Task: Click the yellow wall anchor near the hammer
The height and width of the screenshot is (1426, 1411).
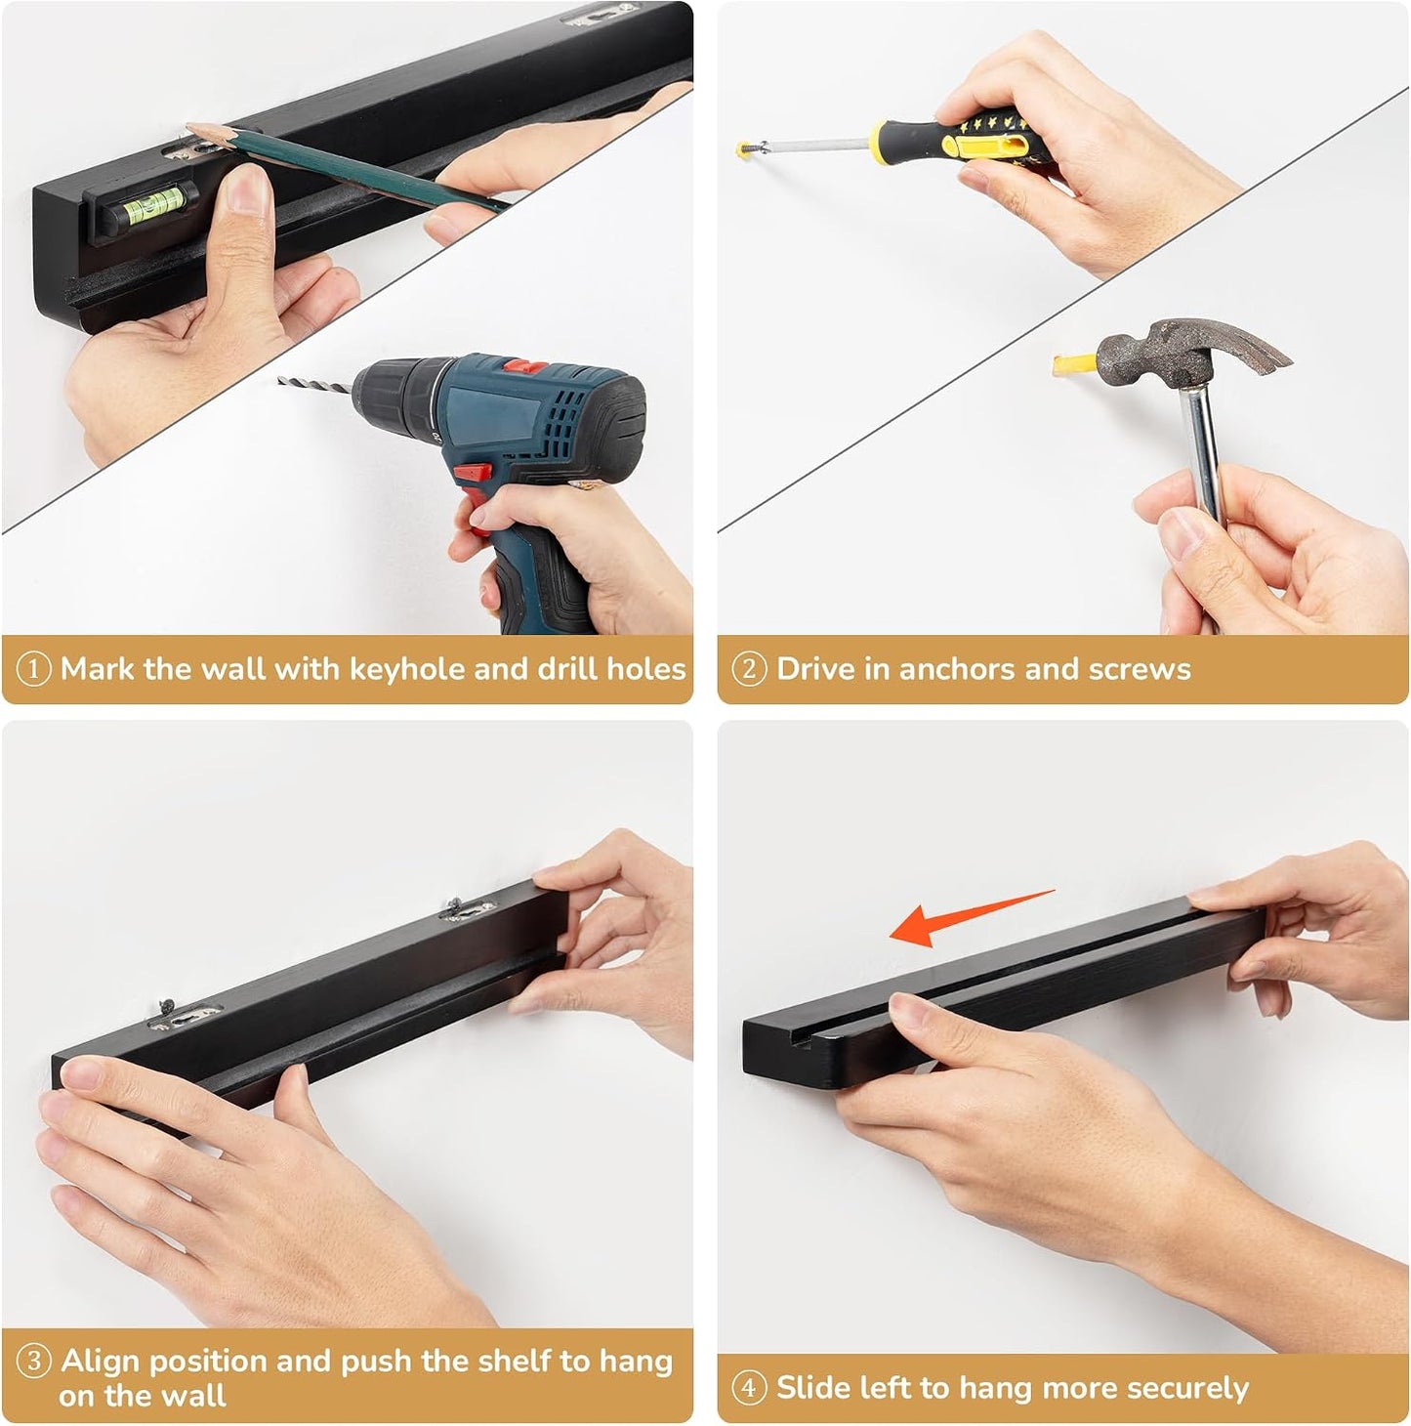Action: click(x=1074, y=363)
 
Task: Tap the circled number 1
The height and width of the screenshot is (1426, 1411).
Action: click(x=33, y=670)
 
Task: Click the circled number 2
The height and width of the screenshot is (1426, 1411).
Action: click(x=750, y=670)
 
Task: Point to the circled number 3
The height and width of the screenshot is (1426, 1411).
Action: click(x=33, y=1362)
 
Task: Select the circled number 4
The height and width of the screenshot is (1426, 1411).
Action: click(x=750, y=1388)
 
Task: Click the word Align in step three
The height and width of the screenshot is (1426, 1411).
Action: click(x=101, y=1362)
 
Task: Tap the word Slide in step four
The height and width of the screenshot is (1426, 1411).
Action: click(x=813, y=1387)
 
